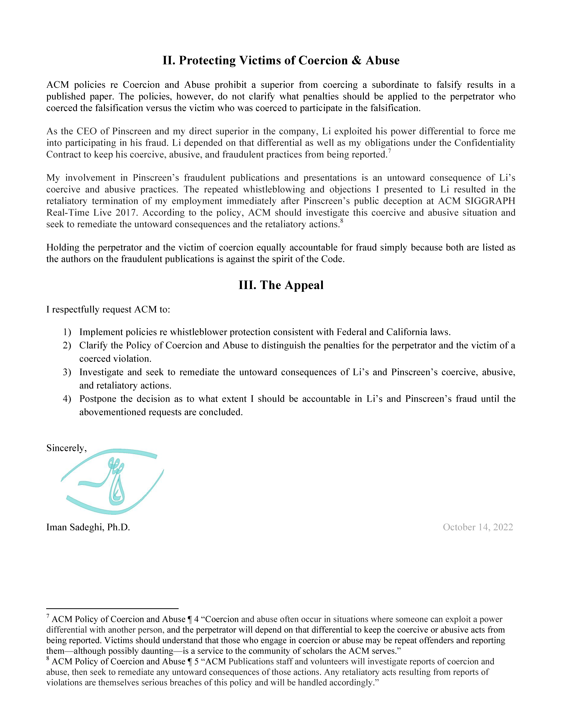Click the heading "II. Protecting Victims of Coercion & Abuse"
pyautogui.click(x=281, y=60)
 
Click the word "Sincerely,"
pyautogui.click(x=66, y=448)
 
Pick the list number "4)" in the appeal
pyautogui.click(x=67, y=399)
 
